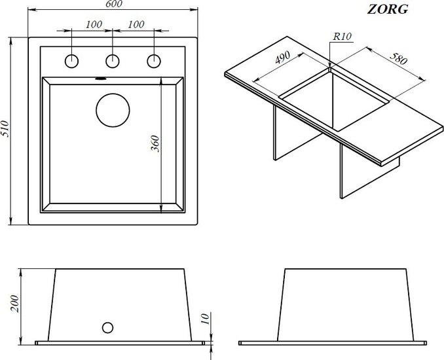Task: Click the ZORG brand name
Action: [388, 9]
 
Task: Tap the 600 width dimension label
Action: [113, 4]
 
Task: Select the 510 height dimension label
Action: [5, 129]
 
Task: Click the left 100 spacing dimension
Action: [94, 24]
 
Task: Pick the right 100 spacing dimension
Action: [136, 24]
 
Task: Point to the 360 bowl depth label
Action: [155, 144]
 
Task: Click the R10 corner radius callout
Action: [342, 37]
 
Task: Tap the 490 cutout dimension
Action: [283, 58]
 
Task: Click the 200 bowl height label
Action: [14, 304]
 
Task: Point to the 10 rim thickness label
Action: [206, 318]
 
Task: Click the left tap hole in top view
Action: [71, 61]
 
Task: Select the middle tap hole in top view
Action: [113, 61]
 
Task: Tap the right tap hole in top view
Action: [154, 61]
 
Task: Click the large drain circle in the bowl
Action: [113, 111]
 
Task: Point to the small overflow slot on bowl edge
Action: [100, 79]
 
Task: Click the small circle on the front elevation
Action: [107, 328]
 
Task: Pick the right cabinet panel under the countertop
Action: [368, 173]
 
